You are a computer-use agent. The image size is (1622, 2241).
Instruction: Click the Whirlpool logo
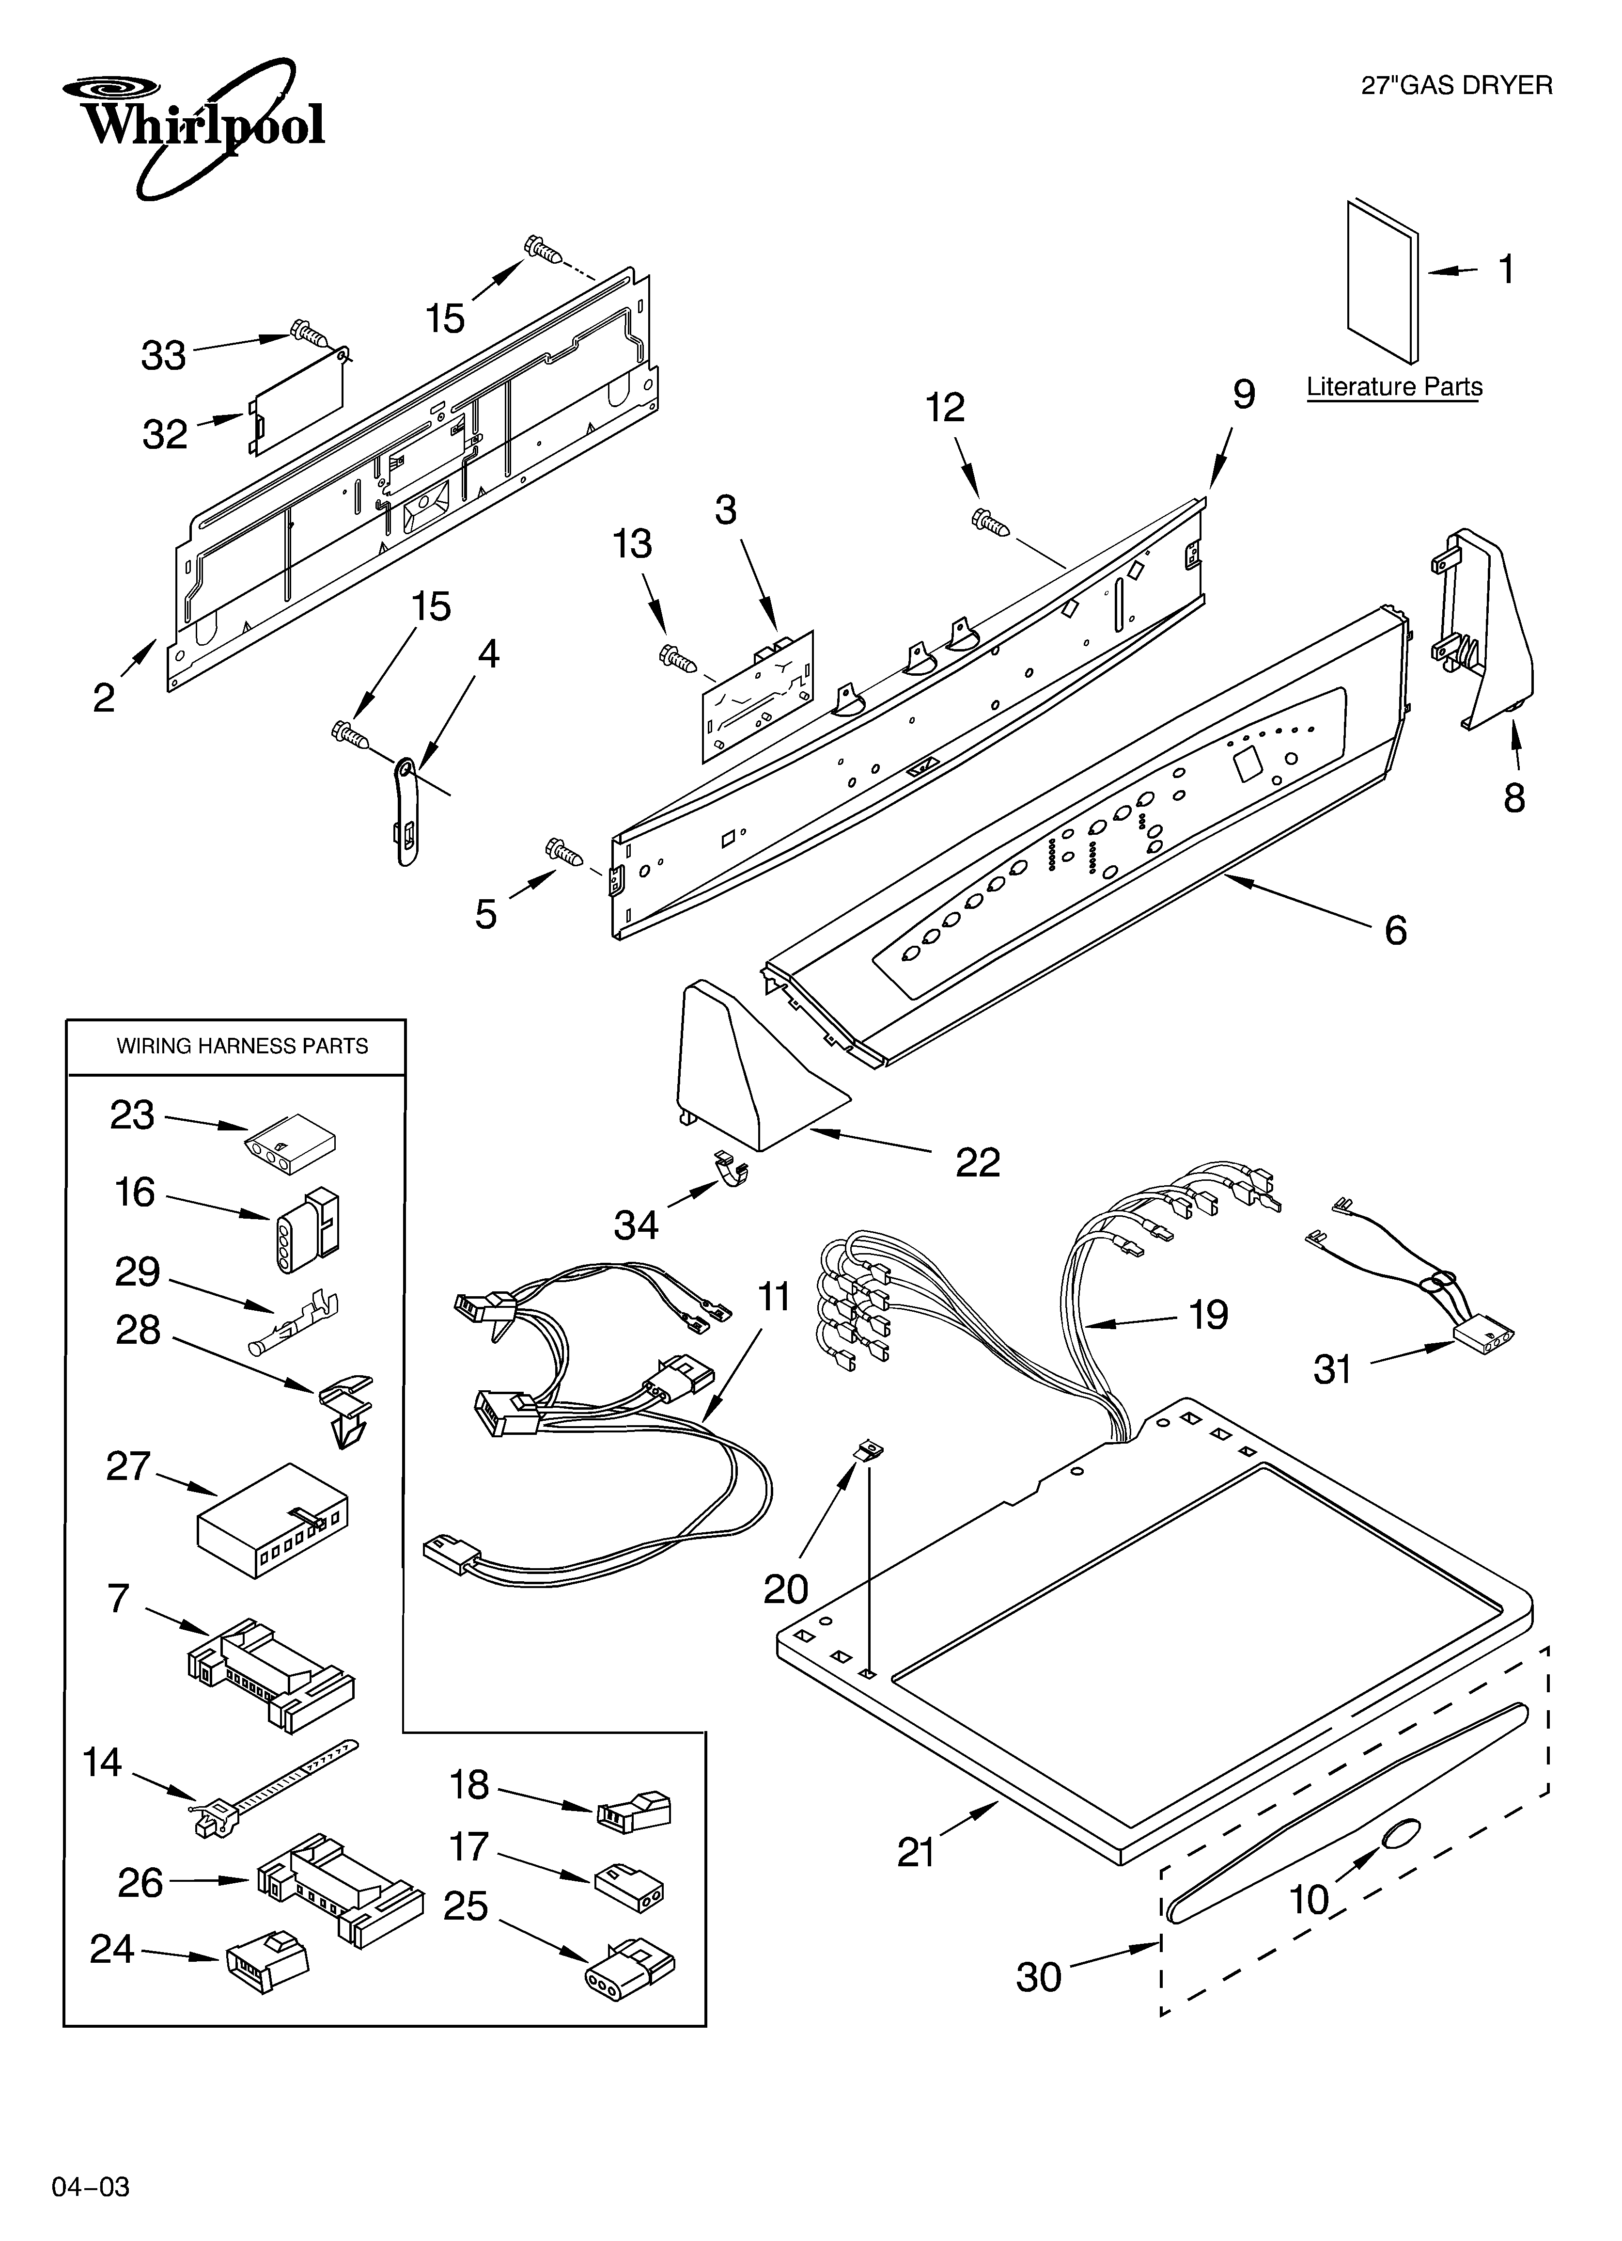198,127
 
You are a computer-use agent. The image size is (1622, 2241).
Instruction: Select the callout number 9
1244,395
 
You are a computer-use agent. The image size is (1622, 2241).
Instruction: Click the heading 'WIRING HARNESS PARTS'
242,1047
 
